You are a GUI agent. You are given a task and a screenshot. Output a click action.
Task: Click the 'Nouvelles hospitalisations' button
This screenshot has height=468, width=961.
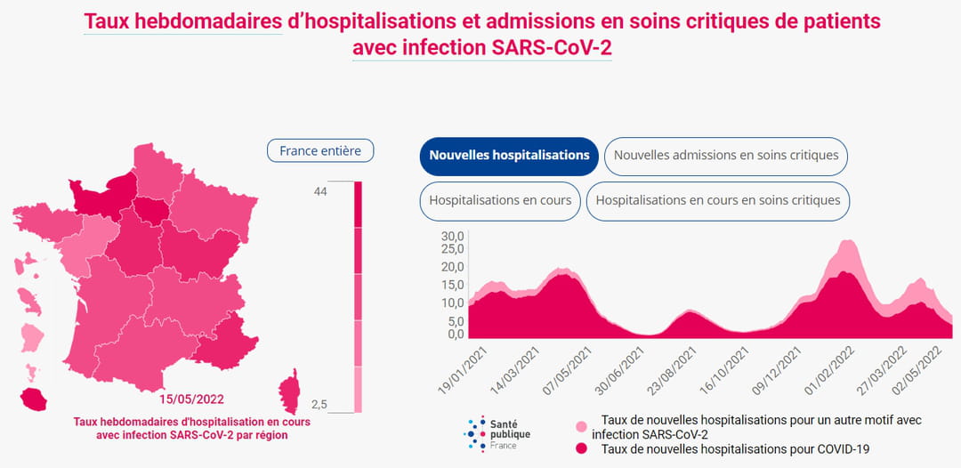pos(509,156)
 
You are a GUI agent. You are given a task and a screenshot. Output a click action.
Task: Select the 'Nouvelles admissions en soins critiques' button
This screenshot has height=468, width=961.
pos(726,156)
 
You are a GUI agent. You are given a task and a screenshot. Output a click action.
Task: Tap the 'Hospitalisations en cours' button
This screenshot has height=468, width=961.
pos(500,201)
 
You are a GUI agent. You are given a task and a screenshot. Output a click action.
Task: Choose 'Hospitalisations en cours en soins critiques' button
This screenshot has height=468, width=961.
pos(718,201)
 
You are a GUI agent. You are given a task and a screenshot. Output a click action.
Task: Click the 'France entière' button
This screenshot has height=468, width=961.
pos(320,151)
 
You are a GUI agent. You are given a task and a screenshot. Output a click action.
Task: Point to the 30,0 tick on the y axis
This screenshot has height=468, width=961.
pos(453,237)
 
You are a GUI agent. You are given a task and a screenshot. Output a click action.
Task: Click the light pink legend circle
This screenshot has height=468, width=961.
pos(581,428)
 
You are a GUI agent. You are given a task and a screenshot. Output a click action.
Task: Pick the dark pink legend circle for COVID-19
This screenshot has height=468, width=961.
pos(581,449)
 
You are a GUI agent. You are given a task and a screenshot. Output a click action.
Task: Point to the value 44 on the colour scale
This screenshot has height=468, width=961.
pos(320,192)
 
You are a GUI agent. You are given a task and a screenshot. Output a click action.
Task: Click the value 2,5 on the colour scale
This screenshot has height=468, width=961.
pos(319,405)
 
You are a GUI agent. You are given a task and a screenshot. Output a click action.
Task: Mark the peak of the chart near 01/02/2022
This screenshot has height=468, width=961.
pos(848,240)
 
